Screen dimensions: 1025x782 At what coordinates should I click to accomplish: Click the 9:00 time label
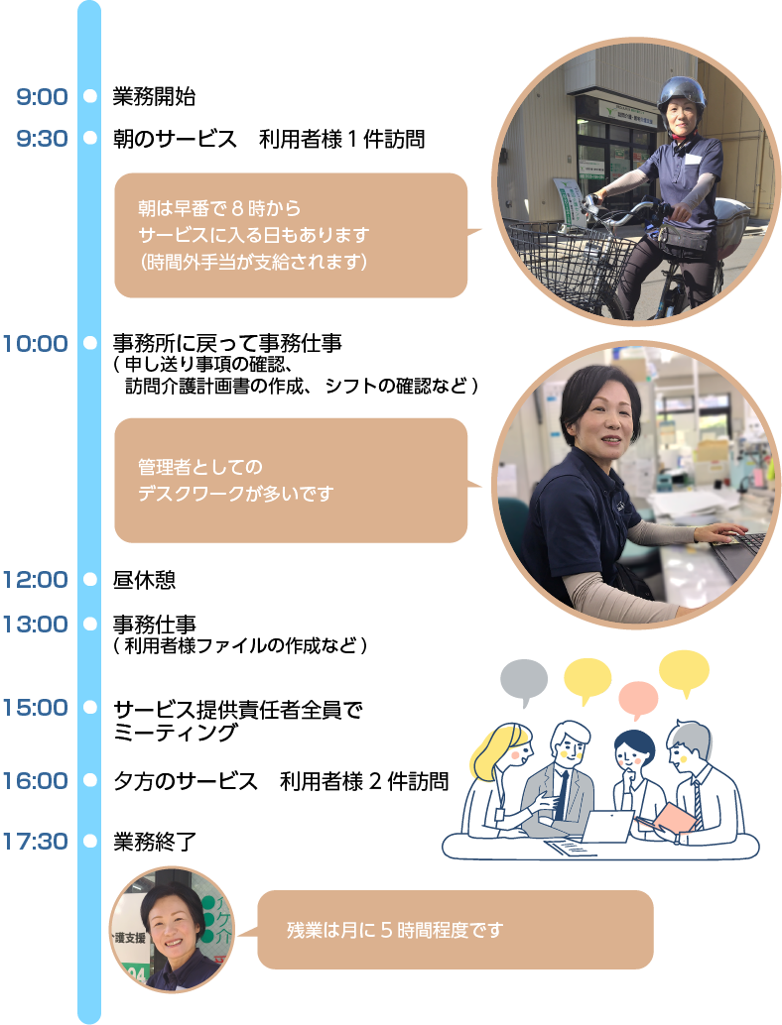coord(42,97)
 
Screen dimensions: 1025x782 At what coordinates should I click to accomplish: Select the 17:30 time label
coord(35,842)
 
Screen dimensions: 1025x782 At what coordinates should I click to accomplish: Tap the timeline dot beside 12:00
coord(89,579)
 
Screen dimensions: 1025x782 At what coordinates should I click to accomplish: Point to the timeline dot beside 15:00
coord(89,708)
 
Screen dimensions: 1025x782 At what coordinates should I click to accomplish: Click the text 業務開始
coord(154,97)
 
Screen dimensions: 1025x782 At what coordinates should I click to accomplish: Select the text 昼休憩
coord(144,579)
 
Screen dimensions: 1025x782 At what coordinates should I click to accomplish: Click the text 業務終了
coord(154,842)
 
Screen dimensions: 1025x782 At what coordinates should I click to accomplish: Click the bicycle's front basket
coord(572,257)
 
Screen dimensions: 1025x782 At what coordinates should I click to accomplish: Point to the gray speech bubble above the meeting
coord(524,680)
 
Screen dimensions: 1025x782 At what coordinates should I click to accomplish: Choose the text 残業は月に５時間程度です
coord(395,930)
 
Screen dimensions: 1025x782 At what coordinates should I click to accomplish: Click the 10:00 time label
coord(35,344)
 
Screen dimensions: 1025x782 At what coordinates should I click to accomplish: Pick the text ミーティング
coord(176,733)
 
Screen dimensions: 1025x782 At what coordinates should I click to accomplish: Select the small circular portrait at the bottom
coord(173,929)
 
